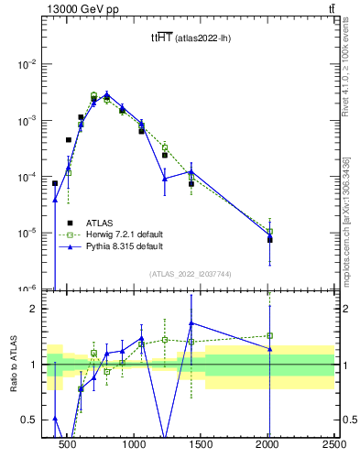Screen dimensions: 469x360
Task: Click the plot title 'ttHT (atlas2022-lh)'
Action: (191, 38)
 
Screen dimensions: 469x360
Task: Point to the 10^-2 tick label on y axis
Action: (30, 64)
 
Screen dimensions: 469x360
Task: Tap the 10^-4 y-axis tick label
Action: (30, 177)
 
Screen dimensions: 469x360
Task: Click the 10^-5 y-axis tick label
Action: (30, 233)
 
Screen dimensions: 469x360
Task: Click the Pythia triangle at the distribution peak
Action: (106, 95)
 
